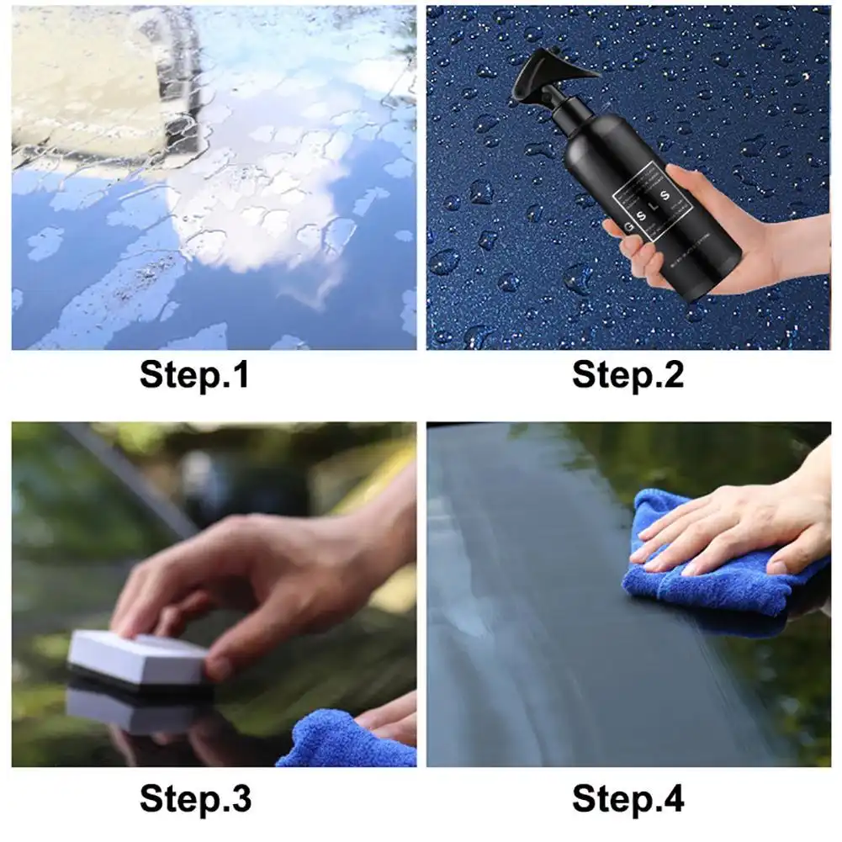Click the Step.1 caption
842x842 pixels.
tap(194, 375)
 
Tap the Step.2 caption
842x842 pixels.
tap(628, 375)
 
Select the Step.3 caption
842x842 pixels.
tap(194, 797)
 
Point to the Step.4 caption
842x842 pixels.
tap(628, 797)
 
